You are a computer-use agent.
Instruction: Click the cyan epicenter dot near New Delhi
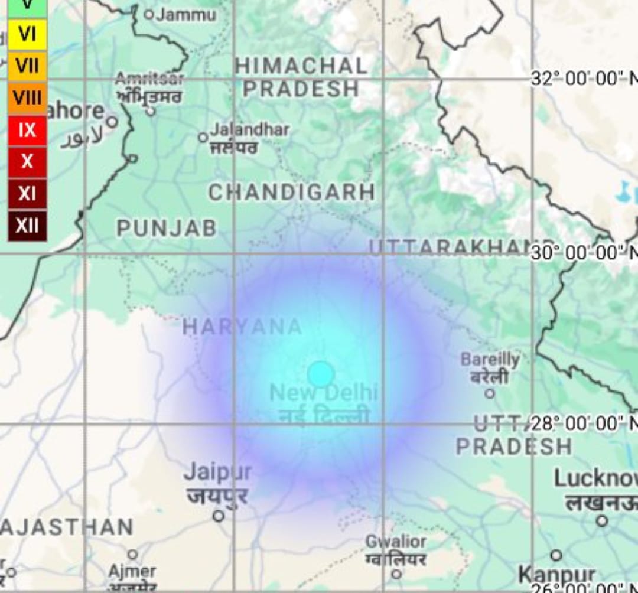click(x=321, y=374)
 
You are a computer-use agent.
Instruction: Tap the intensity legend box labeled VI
click(x=27, y=34)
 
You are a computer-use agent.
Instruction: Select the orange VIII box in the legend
click(x=27, y=97)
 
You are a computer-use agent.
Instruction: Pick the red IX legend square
click(x=27, y=129)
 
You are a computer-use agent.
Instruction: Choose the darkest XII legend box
click(x=27, y=225)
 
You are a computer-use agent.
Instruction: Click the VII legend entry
click(x=27, y=66)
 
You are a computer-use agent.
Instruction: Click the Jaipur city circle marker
click(x=219, y=516)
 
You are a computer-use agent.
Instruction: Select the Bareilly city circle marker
click(x=490, y=393)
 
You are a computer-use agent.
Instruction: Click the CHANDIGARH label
click(x=292, y=192)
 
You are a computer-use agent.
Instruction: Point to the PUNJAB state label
click(x=167, y=229)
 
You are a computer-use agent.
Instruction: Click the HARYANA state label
click(x=242, y=327)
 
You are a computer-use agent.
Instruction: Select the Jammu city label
click(x=186, y=14)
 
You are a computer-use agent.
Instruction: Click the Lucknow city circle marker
click(x=602, y=521)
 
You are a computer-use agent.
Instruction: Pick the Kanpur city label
click(x=556, y=574)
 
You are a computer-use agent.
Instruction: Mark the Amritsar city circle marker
click(x=151, y=110)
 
